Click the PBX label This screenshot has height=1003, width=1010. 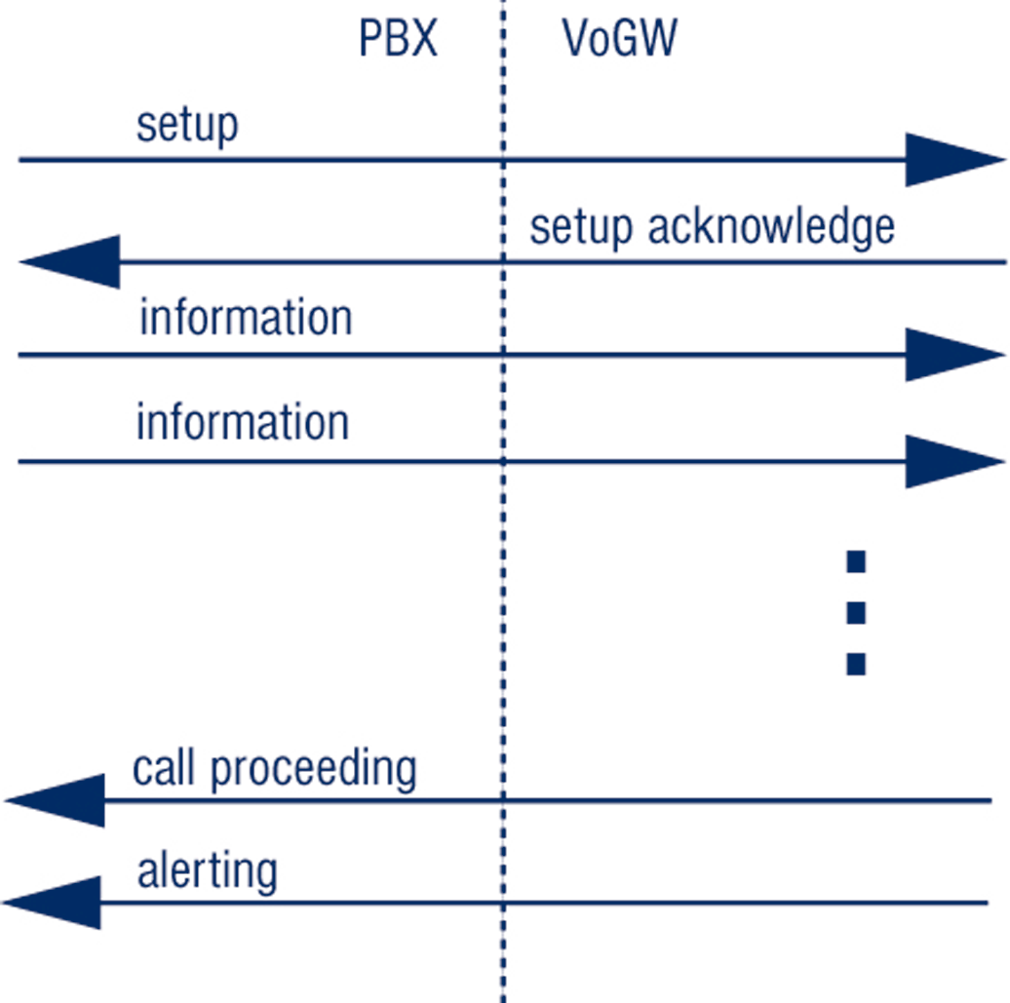click(x=399, y=40)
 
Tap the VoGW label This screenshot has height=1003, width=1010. click(x=620, y=40)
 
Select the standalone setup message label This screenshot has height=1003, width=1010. click(x=187, y=127)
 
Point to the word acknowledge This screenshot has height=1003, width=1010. click(x=771, y=228)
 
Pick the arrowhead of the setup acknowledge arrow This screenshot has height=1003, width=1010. click(x=72, y=261)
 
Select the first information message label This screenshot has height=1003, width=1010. click(x=245, y=319)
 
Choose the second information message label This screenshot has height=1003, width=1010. click(x=242, y=423)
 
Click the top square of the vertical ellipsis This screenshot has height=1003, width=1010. click(x=856, y=561)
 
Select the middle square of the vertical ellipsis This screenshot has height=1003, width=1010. click(x=856, y=613)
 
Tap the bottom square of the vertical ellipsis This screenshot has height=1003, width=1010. click(x=856, y=665)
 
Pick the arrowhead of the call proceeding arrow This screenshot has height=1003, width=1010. click(x=58, y=800)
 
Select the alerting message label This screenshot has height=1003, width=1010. click(x=207, y=871)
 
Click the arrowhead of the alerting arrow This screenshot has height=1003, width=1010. click(x=57, y=903)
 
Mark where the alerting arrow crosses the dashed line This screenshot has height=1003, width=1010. click(x=503, y=903)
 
